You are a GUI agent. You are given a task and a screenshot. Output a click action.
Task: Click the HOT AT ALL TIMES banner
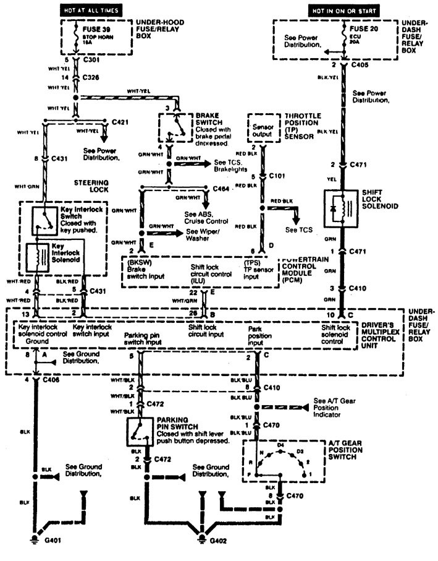[91, 11]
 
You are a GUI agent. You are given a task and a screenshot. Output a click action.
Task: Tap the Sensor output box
[262, 129]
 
